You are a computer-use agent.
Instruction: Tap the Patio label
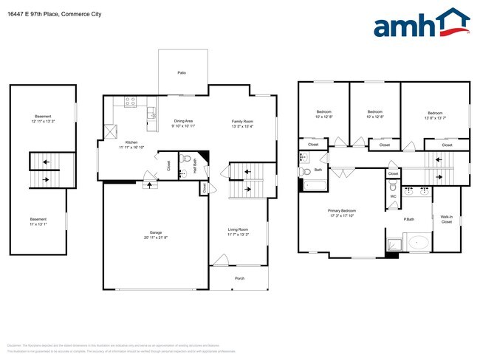[x=181, y=73]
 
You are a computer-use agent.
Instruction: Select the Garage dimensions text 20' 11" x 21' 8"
[x=155, y=238]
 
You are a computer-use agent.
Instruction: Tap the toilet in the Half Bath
[x=186, y=158]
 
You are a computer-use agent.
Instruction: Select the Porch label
[x=239, y=278]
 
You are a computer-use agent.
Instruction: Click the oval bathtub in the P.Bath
[x=418, y=242]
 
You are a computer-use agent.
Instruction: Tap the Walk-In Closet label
[x=447, y=218]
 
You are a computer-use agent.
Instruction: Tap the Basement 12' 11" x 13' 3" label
[x=44, y=121]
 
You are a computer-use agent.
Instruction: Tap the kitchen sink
[x=151, y=113]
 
